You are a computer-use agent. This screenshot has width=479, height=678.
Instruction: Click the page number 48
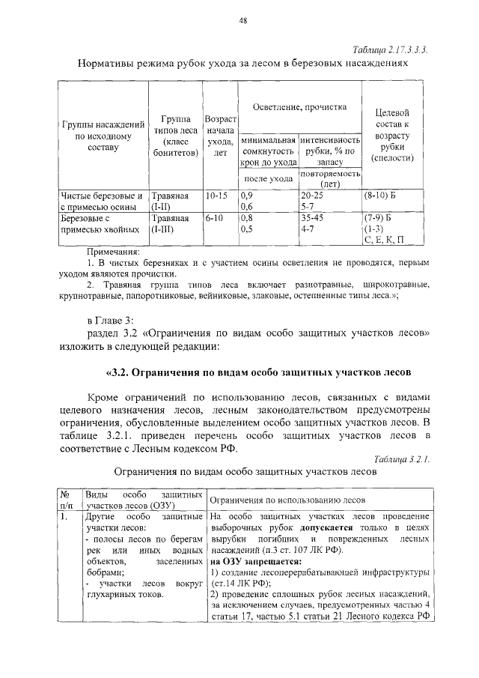[243, 21]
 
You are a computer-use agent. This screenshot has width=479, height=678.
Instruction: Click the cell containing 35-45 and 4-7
[329, 224]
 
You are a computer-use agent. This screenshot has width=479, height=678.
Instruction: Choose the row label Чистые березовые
[102, 196]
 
